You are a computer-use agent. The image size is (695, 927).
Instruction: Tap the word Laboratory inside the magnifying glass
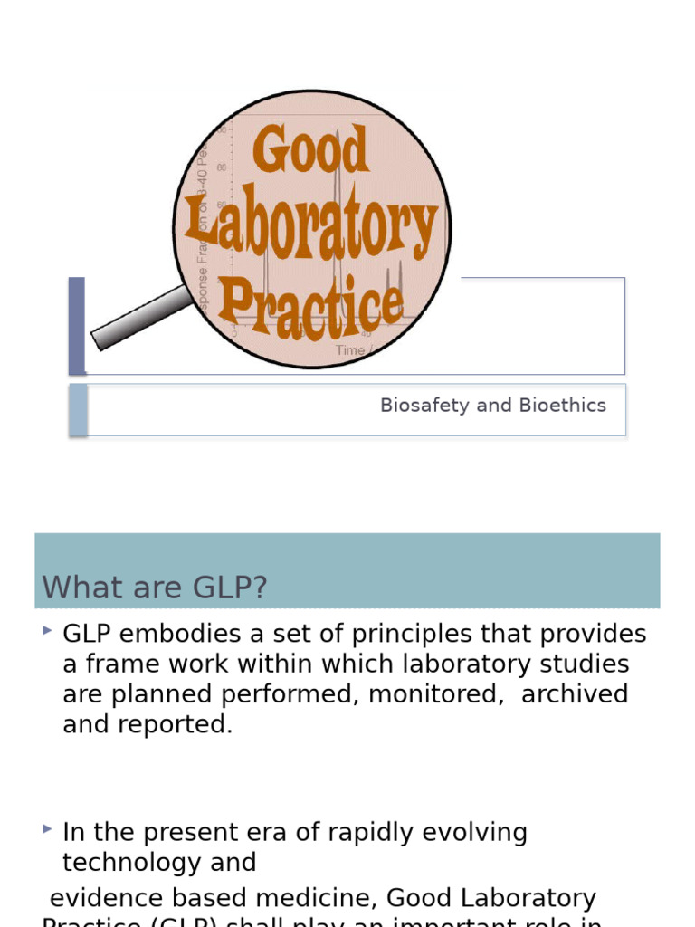coord(312,228)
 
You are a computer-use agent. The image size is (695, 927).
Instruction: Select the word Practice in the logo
coord(310,303)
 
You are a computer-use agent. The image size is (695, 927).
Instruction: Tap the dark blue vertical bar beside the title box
coord(77,326)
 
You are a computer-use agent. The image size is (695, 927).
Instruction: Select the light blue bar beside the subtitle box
coord(79,410)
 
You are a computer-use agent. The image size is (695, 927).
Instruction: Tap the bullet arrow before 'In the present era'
coord(48,828)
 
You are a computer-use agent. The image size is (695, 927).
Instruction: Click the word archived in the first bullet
coord(575,694)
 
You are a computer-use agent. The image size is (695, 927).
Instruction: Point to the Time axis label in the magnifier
coord(350,349)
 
